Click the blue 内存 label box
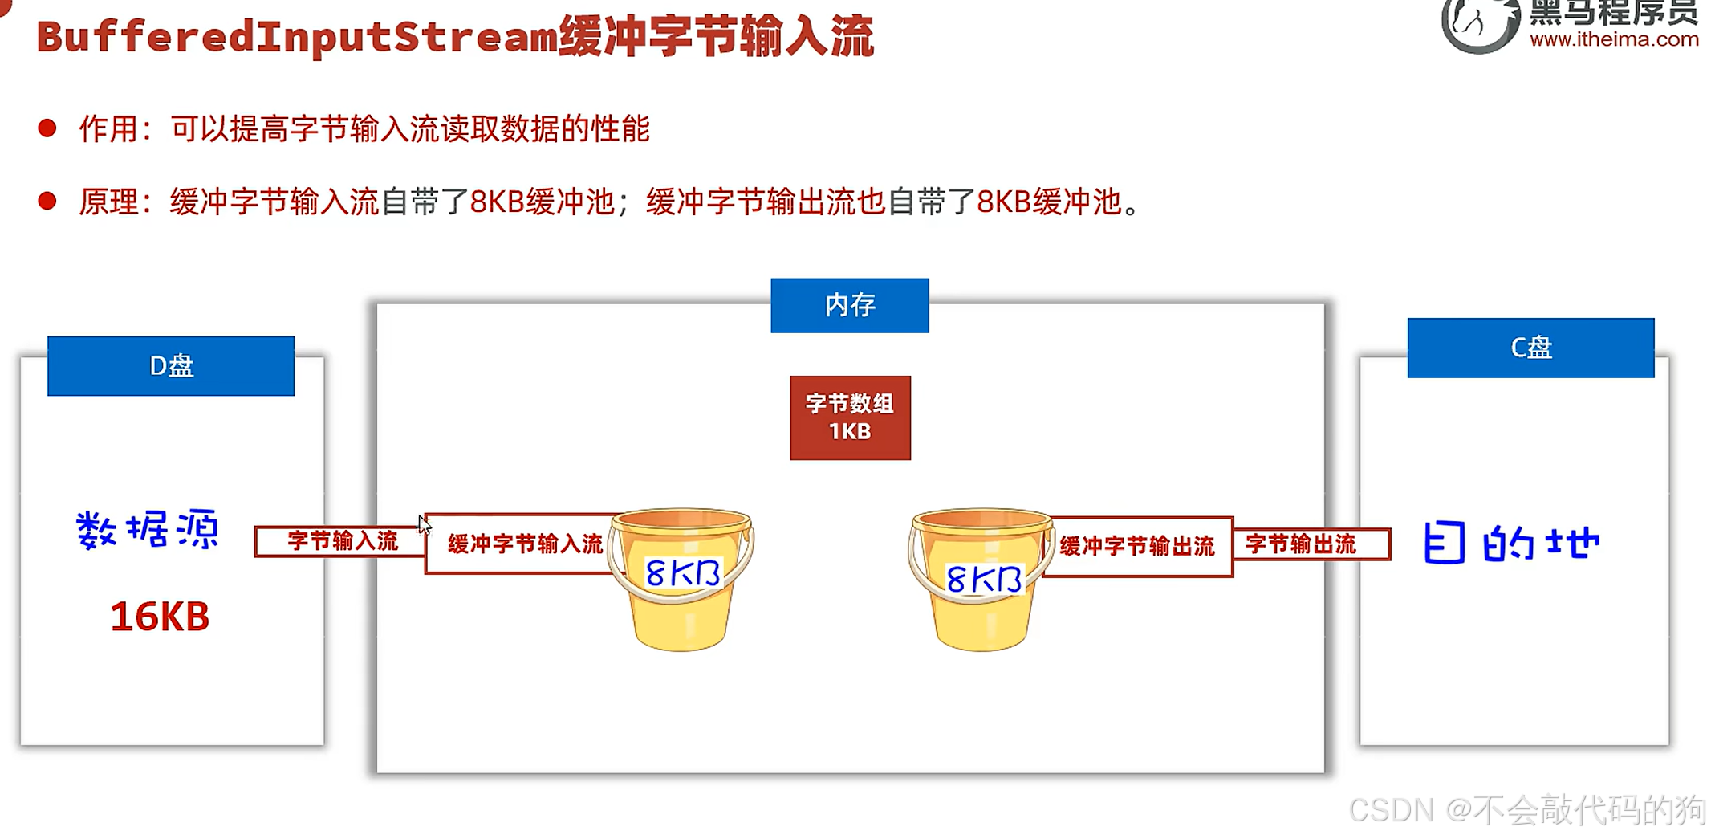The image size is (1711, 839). [849, 305]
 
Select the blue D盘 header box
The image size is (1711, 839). [171, 366]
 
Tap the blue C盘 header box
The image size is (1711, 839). [1530, 348]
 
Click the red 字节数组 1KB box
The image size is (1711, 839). [850, 417]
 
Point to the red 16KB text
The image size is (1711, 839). [160, 617]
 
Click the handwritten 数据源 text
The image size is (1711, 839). [148, 530]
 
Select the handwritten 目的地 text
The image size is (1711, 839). [1511, 543]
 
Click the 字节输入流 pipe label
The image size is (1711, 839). [342, 541]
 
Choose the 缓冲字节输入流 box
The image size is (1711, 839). [524, 544]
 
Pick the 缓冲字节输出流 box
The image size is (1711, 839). [1136, 547]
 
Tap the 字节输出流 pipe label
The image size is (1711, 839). [1300, 544]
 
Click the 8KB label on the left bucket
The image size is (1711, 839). [682, 573]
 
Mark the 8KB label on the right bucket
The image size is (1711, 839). [983, 578]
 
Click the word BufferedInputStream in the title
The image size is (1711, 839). [297, 37]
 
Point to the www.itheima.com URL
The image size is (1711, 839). [1613, 39]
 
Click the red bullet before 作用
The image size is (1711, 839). [47, 128]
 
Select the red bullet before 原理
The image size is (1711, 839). [47, 201]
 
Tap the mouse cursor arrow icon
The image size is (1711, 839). [425, 524]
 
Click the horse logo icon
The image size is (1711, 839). [1479, 24]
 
